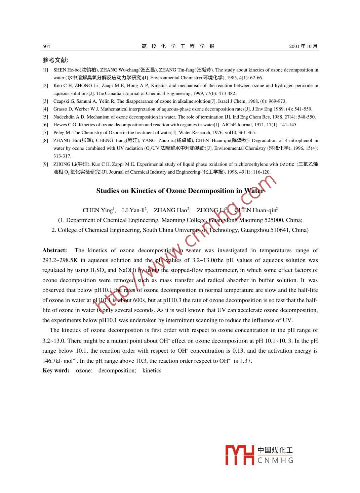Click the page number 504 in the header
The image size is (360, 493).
pyautogui.click(x=46, y=46)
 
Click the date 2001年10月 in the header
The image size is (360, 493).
pyautogui.click(x=303, y=46)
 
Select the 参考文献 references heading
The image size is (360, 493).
pyautogui.click(x=55, y=60)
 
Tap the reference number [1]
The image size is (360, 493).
pyautogui.click(x=45, y=70)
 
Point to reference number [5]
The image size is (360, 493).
pyautogui.click(x=45, y=117)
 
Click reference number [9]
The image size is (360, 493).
pyautogui.click(x=45, y=164)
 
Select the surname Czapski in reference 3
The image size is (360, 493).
pyautogui.click(x=61, y=101)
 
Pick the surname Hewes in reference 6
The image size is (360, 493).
pyautogui.click(x=60, y=125)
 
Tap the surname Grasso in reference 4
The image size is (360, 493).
pyautogui.click(x=61, y=109)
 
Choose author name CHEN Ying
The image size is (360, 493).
pyautogui.click(x=97, y=211)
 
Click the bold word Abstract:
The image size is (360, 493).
pyautogui.click(x=55, y=251)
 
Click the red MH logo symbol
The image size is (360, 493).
pyautogui.click(x=239, y=455)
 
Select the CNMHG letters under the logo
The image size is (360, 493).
pyautogui.click(x=275, y=460)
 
